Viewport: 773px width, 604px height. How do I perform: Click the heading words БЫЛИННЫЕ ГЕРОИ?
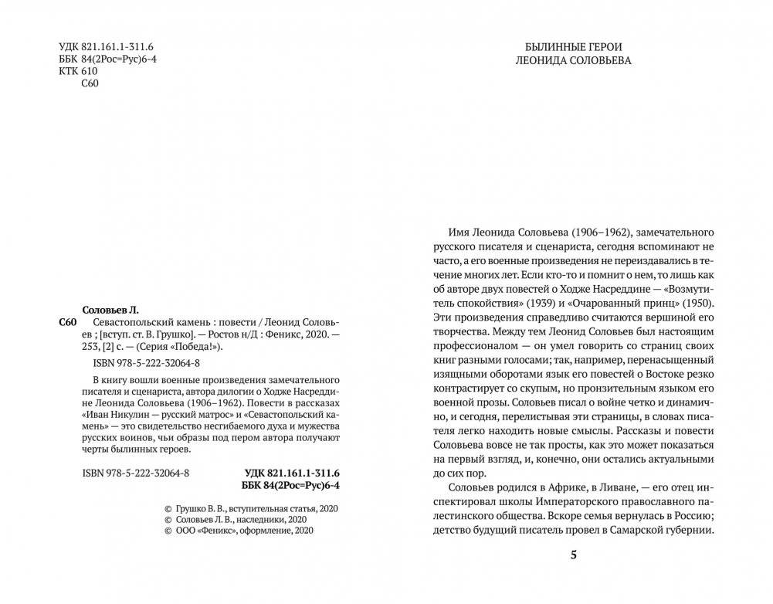coord(573,46)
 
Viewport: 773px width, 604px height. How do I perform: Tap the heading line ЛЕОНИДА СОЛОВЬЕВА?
coord(573,61)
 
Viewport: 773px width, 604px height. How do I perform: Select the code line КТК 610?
coord(78,73)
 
